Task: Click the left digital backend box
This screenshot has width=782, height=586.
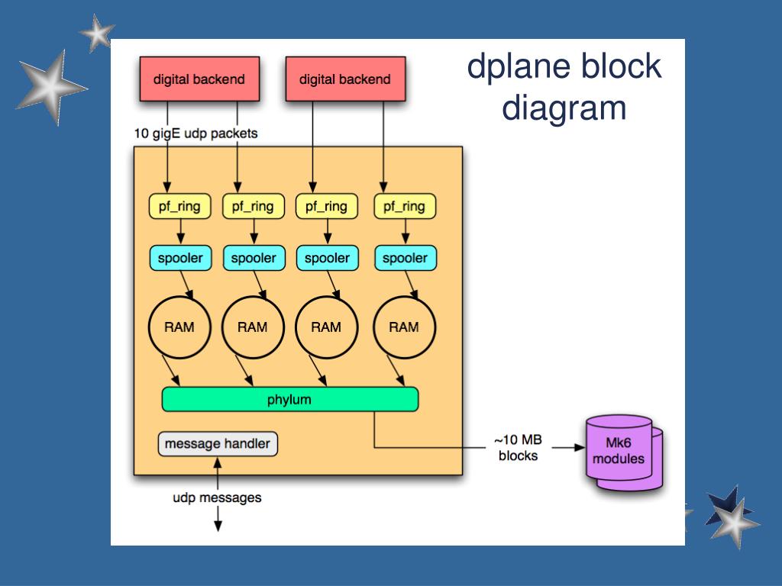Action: [199, 79]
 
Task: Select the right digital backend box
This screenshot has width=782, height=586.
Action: [344, 79]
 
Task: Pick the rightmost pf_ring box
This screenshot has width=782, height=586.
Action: [404, 206]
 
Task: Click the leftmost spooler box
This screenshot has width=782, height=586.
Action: [179, 258]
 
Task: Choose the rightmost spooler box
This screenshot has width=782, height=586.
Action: [405, 258]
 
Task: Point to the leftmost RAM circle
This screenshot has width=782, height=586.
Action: [179, 327]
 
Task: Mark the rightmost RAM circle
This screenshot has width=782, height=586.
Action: [404, 327]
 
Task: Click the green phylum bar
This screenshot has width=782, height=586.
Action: [290, 399]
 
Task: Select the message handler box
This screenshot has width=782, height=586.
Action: [218, 444]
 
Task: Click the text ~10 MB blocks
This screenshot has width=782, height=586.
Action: [518, 448]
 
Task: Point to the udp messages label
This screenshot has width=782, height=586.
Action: [217, 497]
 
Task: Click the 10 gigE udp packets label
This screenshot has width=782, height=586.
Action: [196, 133]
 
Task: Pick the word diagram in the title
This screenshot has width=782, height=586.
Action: [564, 108]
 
